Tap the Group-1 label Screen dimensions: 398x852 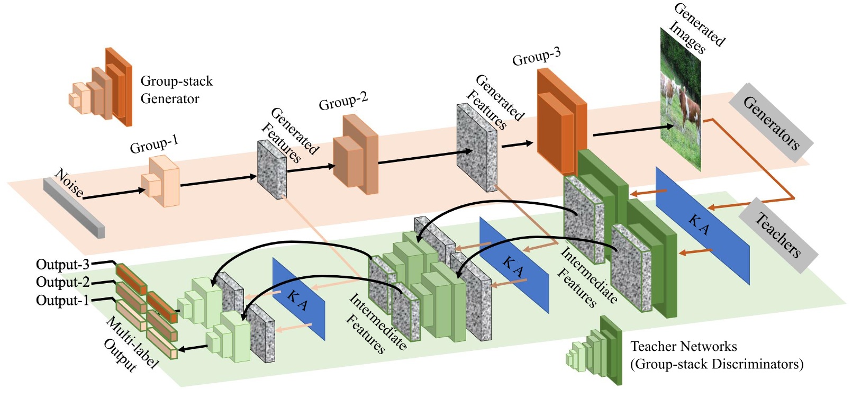point(154,144)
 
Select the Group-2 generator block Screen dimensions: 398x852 point(356,155)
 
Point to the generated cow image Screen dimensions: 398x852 point(681,101)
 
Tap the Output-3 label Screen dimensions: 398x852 point(62,264)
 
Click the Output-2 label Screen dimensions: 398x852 point(62,282)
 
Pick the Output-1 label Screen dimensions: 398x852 point(62,300)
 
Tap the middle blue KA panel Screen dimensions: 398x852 point(513,265)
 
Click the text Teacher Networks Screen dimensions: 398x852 point(683,347)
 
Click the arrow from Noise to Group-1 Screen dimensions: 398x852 point(114,194)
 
